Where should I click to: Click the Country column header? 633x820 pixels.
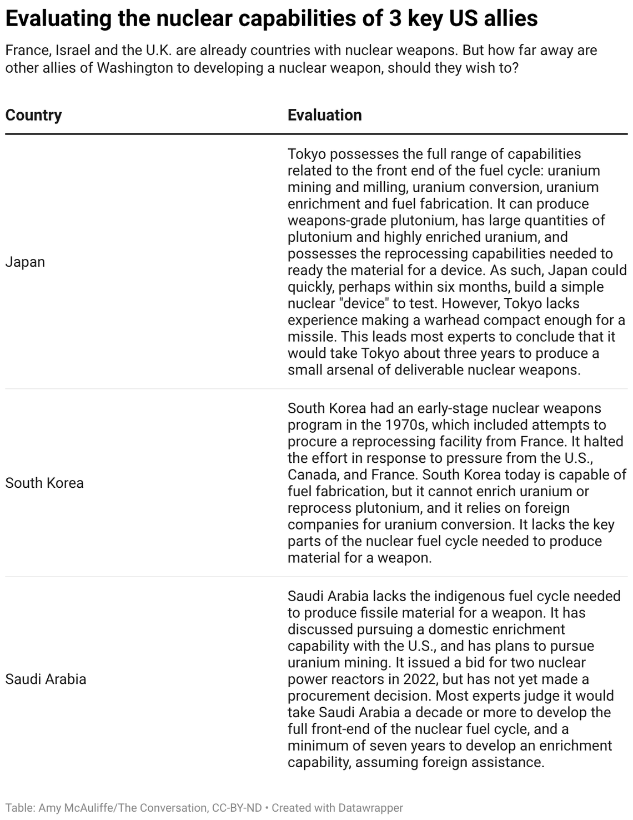(x=33, y=115)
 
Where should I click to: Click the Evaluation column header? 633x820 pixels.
(x=324, y=115)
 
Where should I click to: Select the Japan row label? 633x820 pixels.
(x=25, y=262)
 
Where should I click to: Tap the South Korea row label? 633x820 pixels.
(x=44, y=483)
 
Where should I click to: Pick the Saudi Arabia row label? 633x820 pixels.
(x=46, y=679)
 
